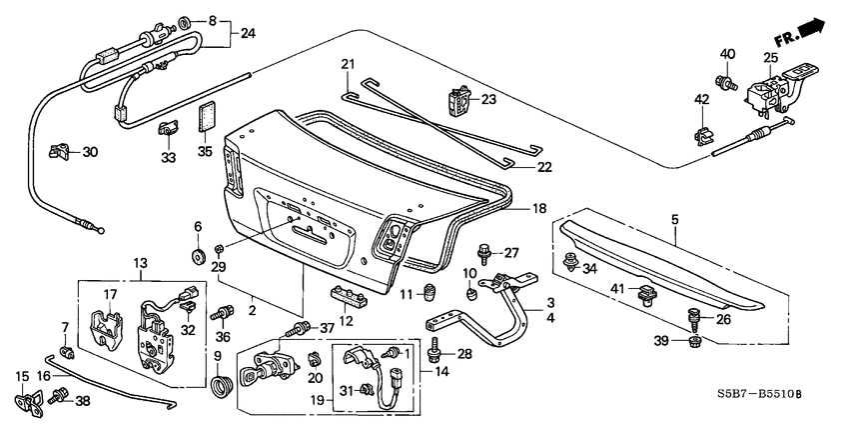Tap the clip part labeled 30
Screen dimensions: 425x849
pyautogui.click(x=59, y=151)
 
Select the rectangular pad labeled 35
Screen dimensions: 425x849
pyautogui.click(x=207, y=116)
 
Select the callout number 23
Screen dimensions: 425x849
pyautogui.click(x=488, y=99)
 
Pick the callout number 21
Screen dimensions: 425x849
pyautogui.click(x=348, y=65)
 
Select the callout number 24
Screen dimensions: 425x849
pyautogui.click(x=248, y=32)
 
